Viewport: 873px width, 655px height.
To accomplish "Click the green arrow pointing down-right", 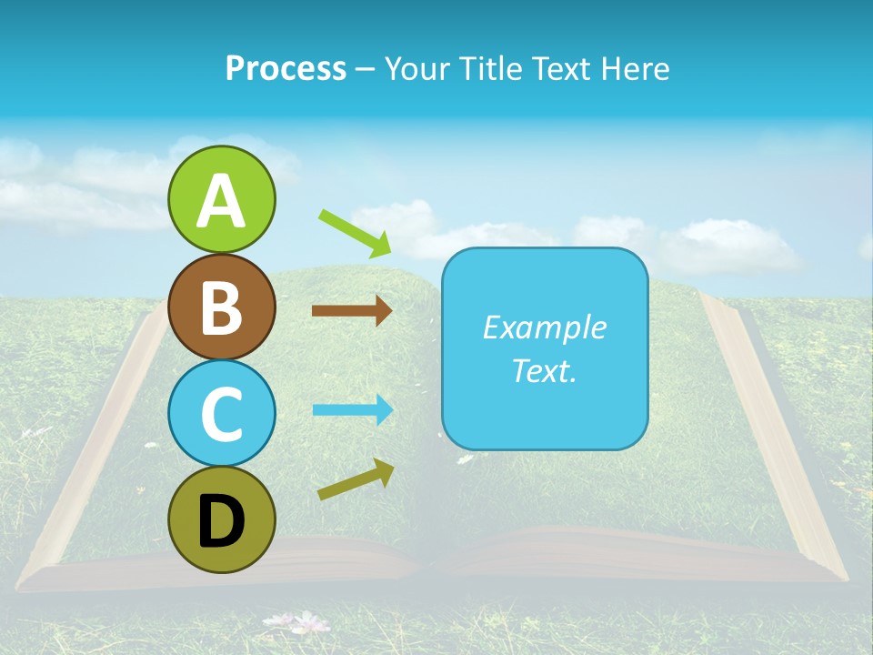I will pyautogui.click(x=355, y=233).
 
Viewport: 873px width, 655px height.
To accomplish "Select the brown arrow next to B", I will pyautogui.click(x=351, y=310).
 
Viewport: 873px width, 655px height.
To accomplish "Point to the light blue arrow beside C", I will pyautogui.click(x=352, y=410).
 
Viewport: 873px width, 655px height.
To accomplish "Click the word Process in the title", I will pyautogui.click(x=286, y=69).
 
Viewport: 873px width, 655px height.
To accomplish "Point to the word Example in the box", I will pyautogui.click(x=544, y=327).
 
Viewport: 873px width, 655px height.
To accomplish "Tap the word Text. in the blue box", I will pyautogui.click(x=544, y=370).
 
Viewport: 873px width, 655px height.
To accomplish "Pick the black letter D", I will pyautogui.click(x=221, y=521).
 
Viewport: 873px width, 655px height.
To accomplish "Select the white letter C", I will pyautogui.click(x=221, y=414).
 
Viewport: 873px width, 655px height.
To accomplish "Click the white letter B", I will pyautogui.click(x=221, y=307).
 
